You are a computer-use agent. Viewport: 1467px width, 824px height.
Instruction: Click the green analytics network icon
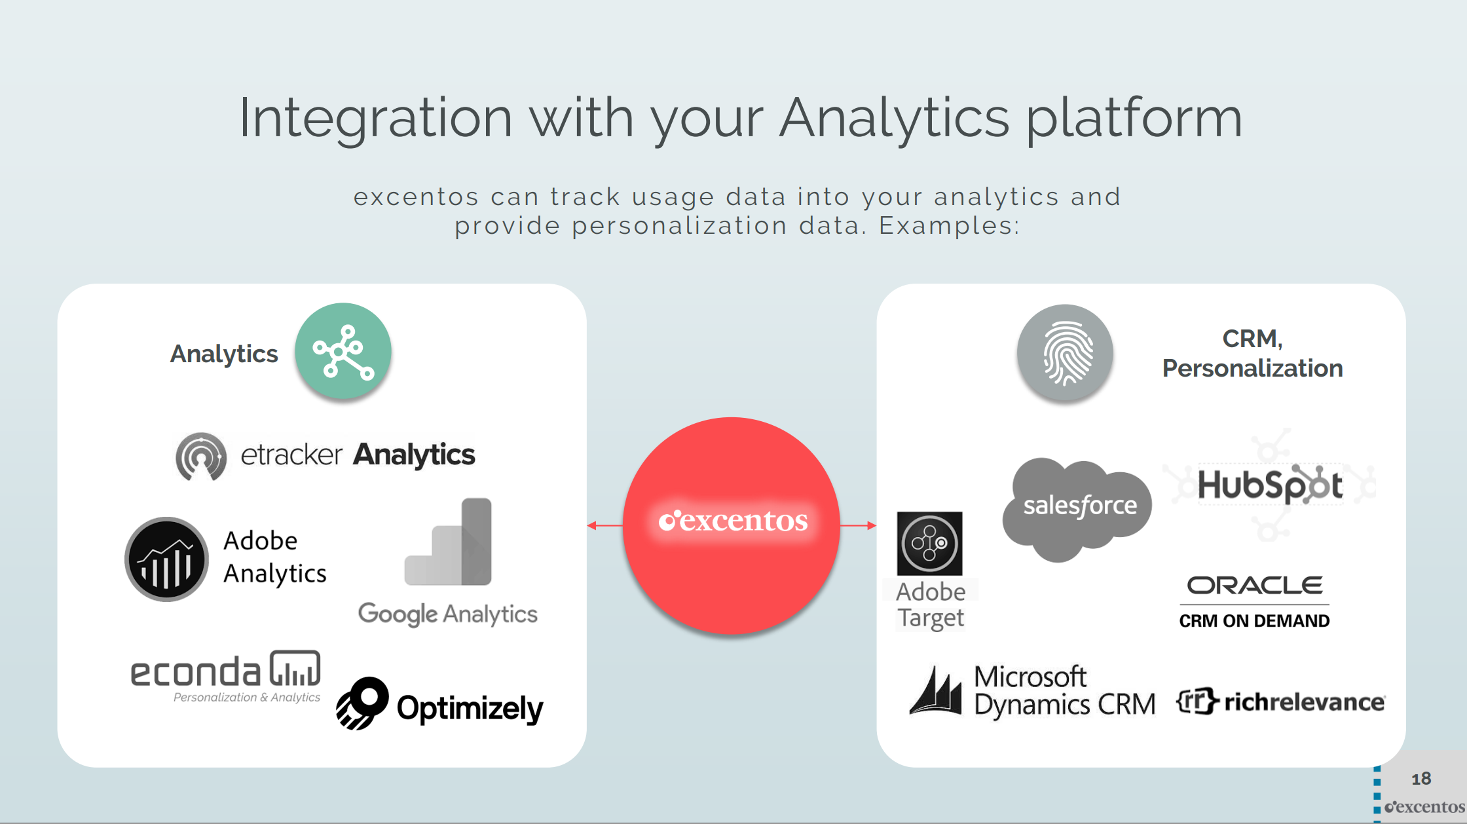(x=343, y=351)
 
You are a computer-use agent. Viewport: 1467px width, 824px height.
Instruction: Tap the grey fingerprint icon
(x=1066, y=352)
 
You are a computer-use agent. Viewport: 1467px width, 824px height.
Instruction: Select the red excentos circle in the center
(x=732, y=525)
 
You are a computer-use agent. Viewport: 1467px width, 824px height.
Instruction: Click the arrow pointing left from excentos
(x=605, y=525)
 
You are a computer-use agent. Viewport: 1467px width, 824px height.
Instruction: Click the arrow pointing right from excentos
(x=859, y=525)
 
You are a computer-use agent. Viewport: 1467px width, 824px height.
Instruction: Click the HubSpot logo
(x=1270, y=485)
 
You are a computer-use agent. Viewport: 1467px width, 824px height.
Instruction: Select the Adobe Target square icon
(x=930, y=544)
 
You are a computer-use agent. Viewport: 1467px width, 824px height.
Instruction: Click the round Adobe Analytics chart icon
(x=167, y=559)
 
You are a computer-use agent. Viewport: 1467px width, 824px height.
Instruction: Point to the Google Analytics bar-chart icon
(x=448, y=542)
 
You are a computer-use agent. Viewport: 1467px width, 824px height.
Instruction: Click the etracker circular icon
(x=201, y=457)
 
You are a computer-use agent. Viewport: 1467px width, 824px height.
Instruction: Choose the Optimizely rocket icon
(x=362, y=703)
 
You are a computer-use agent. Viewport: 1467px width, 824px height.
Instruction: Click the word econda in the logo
(x=196, y=673)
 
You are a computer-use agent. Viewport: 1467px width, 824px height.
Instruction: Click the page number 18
(x=1421, y=779)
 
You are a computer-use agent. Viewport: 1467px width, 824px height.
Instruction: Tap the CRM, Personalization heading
(x=1253, y=354)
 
